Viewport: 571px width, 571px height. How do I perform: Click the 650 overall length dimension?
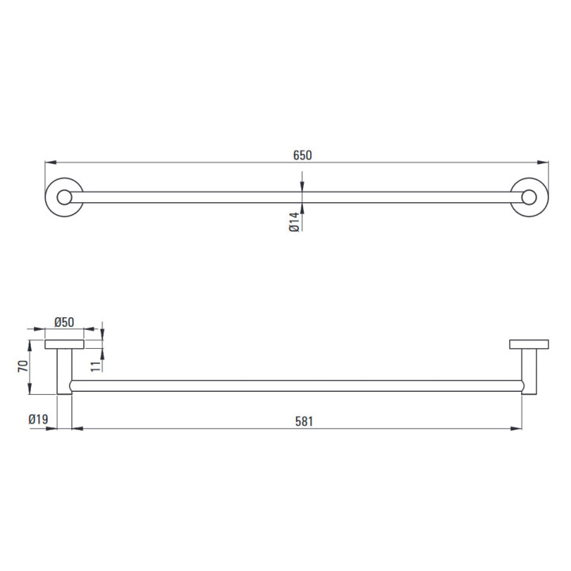(303, 155)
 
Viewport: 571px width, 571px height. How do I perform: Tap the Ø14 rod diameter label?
(294, 222)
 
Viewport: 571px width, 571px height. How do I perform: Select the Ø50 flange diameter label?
(64, 322)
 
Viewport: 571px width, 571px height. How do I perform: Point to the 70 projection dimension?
(23, 366)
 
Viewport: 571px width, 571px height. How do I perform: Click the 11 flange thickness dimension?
(95, 366)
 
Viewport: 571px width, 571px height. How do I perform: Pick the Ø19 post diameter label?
(38, 420)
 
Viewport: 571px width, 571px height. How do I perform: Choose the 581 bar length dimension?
(304, 421)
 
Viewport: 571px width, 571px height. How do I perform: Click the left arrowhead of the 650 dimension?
(50, 163)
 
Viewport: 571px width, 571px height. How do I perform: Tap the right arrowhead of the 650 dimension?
(543, 163)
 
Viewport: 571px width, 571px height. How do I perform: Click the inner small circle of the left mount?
(64, 197)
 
